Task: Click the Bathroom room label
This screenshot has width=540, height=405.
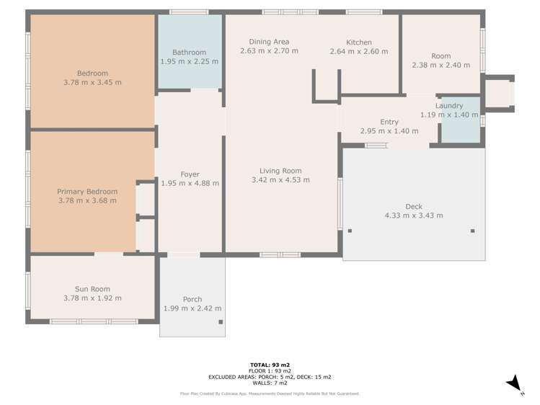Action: click(189, 53)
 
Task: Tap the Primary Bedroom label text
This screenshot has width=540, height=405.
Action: click(87, 192)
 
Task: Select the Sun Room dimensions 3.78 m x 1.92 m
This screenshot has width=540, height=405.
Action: click(92, 298)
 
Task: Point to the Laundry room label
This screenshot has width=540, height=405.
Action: click(448, 106)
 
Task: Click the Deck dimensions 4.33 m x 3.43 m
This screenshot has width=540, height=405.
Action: click(414, 215)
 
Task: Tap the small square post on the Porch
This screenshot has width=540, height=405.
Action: click(221, 322)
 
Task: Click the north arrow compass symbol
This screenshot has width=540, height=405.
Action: click(515, 383)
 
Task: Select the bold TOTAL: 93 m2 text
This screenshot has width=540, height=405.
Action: click(270, 365)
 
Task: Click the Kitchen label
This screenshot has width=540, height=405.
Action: click(359, 43)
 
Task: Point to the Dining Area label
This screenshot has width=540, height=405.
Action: click(269, 42)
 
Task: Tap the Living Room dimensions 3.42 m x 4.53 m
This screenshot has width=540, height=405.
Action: click(280, 179)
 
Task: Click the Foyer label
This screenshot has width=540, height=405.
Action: click(190, 174)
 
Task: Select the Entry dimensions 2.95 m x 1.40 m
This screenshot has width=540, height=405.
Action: click(389, 130)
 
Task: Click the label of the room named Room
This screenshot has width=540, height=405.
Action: click(441, 56)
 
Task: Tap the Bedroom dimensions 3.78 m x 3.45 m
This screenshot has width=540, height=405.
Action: click(92, 82)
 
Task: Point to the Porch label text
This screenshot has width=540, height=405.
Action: click(192, 299)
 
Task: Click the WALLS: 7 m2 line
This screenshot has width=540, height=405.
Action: click(270, 383)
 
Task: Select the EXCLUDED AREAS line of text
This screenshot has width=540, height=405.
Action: click(270, 377)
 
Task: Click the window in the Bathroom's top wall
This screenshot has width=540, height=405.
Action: click(189, 12)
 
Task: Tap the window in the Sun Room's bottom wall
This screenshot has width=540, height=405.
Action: click(94, 321)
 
